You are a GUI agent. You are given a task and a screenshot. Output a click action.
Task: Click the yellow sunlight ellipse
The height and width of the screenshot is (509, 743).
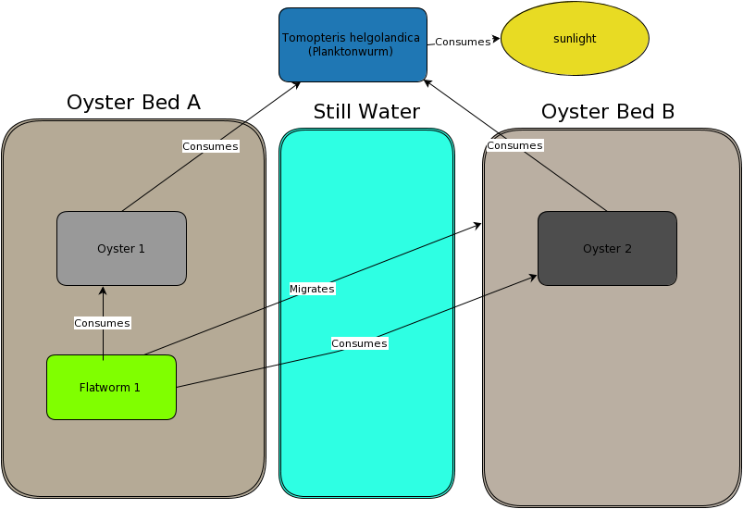pos(575,38)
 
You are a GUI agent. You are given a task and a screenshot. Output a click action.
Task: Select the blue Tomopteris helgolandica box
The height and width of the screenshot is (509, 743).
pos(353,44)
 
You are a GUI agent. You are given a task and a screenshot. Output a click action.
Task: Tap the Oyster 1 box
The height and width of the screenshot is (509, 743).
pos(121,248)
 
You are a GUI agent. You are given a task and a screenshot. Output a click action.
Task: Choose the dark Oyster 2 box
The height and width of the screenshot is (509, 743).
pos(607,248)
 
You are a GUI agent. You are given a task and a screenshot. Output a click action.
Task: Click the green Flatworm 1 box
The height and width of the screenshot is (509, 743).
pos(111,387)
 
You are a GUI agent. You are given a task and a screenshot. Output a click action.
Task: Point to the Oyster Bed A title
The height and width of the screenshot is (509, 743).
pos(133,103)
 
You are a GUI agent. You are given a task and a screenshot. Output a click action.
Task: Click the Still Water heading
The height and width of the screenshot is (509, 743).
pos(366,112)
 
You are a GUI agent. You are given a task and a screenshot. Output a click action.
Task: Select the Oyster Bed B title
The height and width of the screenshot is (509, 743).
pos(608,112)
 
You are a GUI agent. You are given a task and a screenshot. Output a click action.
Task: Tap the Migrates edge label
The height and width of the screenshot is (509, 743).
pos(312,289)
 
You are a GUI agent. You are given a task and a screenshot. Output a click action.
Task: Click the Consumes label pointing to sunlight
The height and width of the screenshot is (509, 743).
pos(463,42)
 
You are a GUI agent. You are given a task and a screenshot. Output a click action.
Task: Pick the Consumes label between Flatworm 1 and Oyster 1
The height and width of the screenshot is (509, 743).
pos(102,323)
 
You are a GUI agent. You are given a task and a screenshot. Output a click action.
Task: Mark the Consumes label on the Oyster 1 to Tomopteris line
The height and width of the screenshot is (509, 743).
pos(210,146)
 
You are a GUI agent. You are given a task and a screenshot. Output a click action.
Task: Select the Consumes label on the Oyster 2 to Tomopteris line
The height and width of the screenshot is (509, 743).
pos(514,145)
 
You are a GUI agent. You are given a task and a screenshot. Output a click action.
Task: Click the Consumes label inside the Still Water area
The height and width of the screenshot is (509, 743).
pos(359,343)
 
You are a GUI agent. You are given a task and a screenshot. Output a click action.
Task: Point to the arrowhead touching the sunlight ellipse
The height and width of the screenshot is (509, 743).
pos(497,39)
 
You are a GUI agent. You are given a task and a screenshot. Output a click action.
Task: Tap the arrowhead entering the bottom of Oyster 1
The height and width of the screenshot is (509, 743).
pos(103,290)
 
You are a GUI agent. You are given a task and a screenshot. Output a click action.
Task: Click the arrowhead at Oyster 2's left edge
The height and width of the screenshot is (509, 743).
pos(533,278)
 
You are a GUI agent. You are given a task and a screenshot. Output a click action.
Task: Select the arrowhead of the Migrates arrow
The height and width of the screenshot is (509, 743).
pos(477,226)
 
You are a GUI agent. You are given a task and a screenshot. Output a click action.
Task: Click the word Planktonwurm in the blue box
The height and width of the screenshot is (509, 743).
pos(351,52)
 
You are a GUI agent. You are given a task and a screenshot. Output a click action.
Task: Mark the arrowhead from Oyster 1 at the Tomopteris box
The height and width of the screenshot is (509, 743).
pos(297,85)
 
